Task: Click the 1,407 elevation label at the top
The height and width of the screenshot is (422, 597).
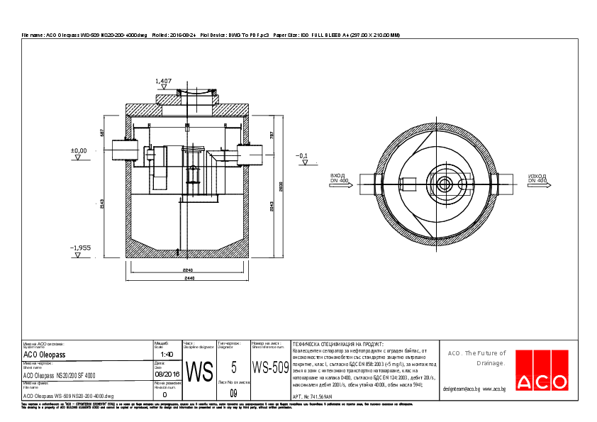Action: [163, 82]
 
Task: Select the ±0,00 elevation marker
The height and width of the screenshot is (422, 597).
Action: [78, 151]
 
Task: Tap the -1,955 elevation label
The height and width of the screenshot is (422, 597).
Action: [80, 248]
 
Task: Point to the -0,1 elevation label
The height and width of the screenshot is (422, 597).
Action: [303, 155]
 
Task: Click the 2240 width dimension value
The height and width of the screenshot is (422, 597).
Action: [188, 271]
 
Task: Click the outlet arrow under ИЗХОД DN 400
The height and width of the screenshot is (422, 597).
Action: [537, 184]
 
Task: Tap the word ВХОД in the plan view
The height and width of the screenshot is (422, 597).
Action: [337, 174]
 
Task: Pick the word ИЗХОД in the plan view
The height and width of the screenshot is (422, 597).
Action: [537, 174]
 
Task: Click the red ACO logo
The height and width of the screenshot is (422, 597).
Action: [542, 371]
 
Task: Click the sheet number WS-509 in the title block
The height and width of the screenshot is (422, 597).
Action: [270, 367]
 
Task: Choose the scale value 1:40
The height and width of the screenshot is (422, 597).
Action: [167, 354]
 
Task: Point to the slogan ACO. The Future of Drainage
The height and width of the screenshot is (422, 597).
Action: [476, 358]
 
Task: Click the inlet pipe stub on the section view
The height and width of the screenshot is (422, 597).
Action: [119, 151]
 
